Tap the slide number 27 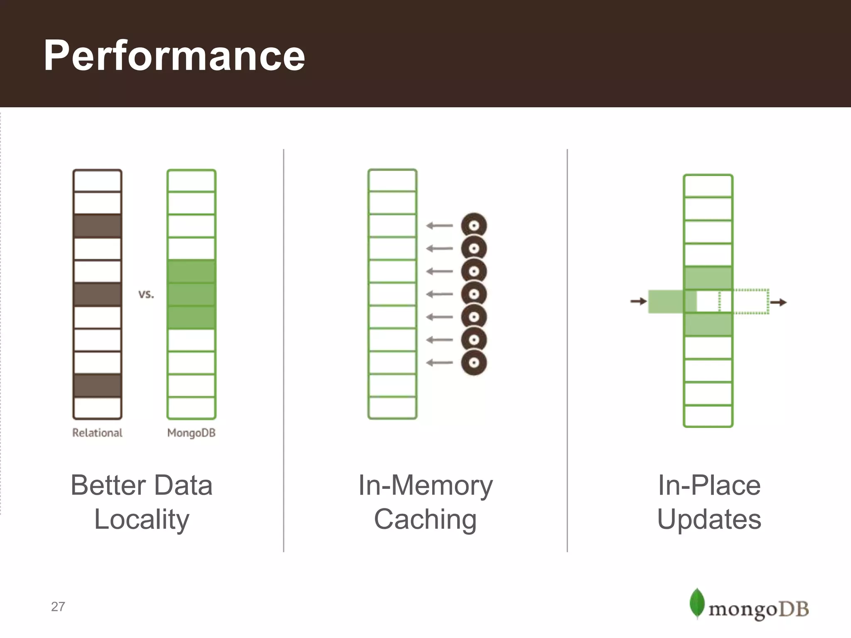tap(58, 607)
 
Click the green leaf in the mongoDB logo tap(697, 603)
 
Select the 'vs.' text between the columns tap(146, 294)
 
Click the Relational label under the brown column tap(97, 433)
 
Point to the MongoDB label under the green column tap(191, 433)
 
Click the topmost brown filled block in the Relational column tap(97, 226)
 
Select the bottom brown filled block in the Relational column tap(97, 385)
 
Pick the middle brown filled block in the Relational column tap(97, 294)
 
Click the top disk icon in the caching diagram tap(474, 226)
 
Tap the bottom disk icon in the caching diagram tap(474, 363)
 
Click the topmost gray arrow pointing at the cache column tap(439, 226)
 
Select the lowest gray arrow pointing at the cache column tap(439, 363)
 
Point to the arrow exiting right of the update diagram tap(778, 302)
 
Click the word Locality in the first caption tap(142, 519)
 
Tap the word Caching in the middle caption tap(425, 519)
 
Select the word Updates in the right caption tap(709, 519)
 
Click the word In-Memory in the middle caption tap(425, 485)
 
